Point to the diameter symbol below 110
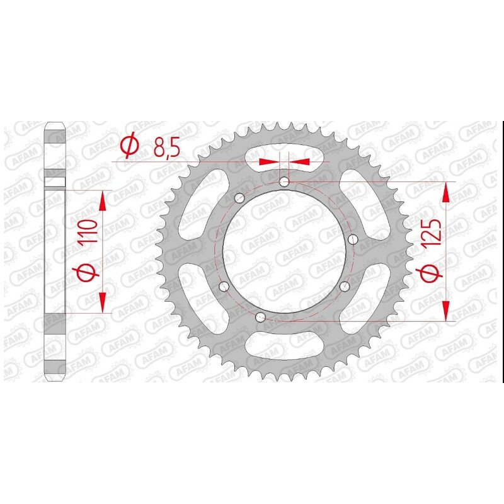[x=88, y=272]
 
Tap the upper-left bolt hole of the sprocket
[x=238, y=199]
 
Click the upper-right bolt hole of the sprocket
[x=352, y=239]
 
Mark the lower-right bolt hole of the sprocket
[x=344, y=287]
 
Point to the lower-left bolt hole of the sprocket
[x=223, y=287]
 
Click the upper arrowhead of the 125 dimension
[x=446, y=192]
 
